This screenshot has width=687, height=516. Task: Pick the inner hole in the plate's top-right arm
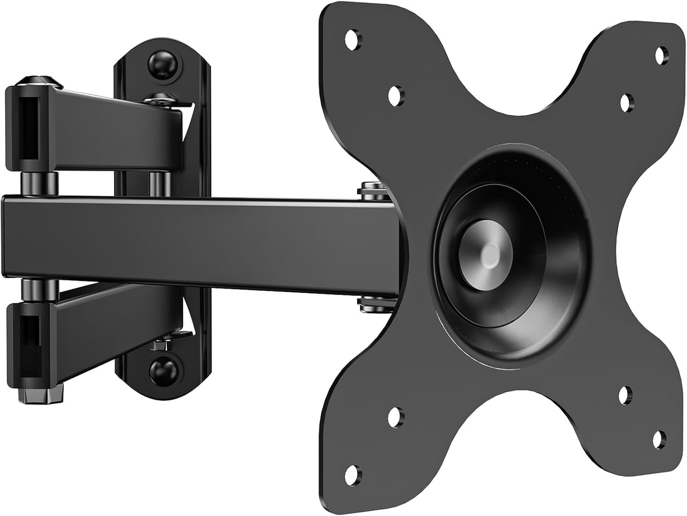(626, 102)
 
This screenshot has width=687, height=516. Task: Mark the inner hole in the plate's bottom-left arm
(394, 418)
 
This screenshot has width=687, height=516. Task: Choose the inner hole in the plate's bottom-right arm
(625, 395)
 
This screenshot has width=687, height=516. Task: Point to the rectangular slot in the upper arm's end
(28, 127)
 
